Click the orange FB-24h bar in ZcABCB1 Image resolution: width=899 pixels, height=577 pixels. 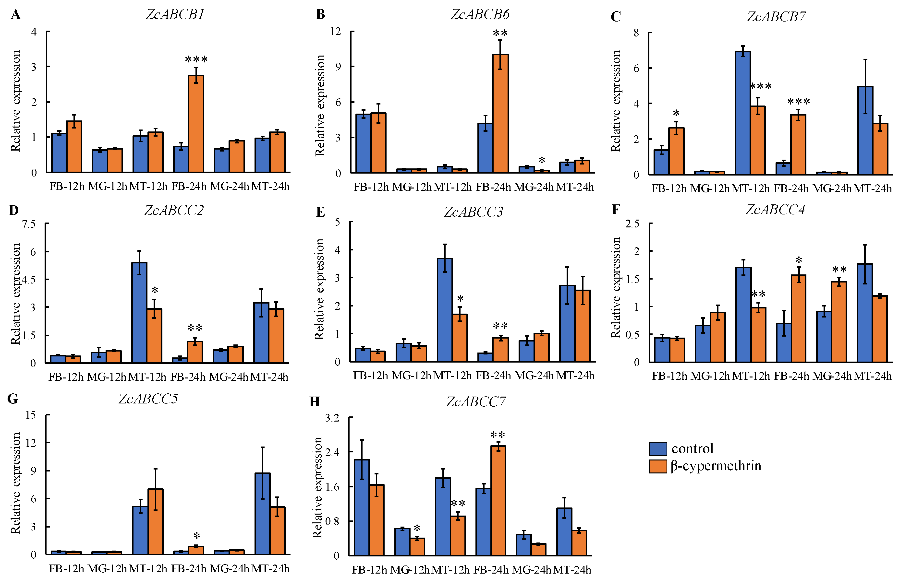coord(196,124)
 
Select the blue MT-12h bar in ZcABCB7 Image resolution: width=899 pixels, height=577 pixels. coord(743,112)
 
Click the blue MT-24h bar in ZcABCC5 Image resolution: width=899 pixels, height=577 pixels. coord(262,513)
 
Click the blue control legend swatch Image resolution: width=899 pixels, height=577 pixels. coord(657,448)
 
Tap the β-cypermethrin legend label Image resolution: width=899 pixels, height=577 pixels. coord(716,466)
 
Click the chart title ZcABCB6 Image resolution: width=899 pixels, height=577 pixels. coord(480,14)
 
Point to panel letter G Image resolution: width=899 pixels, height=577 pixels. coord(13,399)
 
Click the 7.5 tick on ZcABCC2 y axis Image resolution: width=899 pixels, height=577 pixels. coord(28,224)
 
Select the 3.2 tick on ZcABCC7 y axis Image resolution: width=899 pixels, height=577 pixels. coord(332,418)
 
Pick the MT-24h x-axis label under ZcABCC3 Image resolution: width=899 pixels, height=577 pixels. coord(575,376)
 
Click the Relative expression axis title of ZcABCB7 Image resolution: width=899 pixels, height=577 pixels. coord(616,101)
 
